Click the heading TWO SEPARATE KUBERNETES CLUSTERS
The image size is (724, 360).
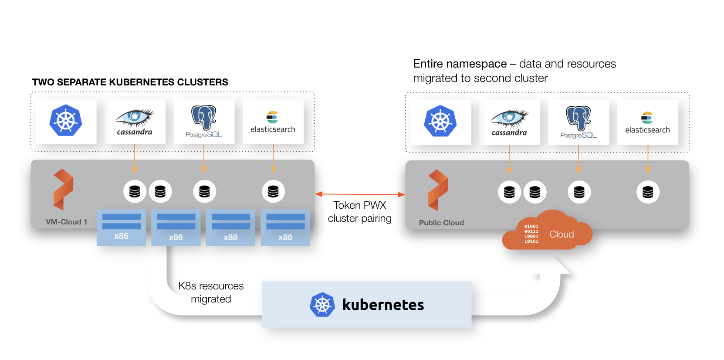130,82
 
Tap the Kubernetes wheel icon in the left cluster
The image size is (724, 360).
66,121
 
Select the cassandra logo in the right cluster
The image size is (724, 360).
509,122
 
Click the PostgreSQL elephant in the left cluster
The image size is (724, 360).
204,118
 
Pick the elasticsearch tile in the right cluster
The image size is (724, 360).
647,122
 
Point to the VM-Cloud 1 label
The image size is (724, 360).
66,222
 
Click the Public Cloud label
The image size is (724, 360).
441,223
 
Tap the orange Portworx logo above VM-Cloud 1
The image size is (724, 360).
63,190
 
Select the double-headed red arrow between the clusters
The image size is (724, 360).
360,194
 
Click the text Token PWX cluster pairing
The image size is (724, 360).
359,212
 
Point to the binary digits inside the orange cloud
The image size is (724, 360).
531,234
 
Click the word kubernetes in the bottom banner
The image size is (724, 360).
382,305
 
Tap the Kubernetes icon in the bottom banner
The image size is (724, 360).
322,305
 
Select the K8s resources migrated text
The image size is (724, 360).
211,292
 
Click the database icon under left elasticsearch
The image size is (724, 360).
273,191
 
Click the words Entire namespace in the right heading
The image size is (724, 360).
460,64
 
